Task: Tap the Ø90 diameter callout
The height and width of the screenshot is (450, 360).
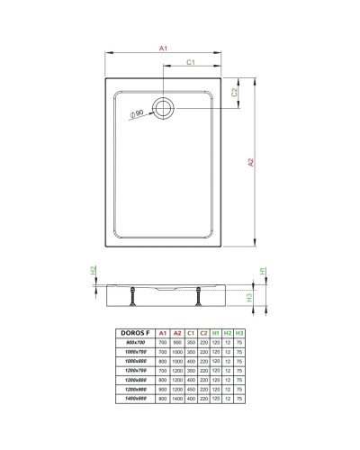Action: click(x=137, y=113)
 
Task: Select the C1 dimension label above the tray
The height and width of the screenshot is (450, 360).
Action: click(x=192, y=63)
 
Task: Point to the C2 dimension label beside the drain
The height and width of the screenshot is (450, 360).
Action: click(x=234, y=92)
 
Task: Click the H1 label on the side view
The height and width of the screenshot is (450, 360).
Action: click(x=262, y=270)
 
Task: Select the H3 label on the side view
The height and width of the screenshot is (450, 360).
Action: click(x=262, y=298)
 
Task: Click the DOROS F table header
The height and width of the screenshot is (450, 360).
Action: click(x=135, y=332)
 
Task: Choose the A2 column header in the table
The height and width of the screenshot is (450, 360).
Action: click(x=176, y=332)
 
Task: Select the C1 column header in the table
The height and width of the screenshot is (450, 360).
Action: click(x=190, y=332)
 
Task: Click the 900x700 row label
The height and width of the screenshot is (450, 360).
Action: click(x=135, y=342)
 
